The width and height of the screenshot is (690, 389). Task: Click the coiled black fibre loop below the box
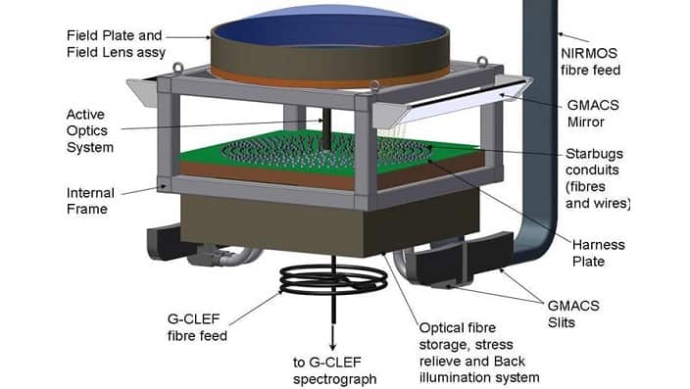pos(327,280)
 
